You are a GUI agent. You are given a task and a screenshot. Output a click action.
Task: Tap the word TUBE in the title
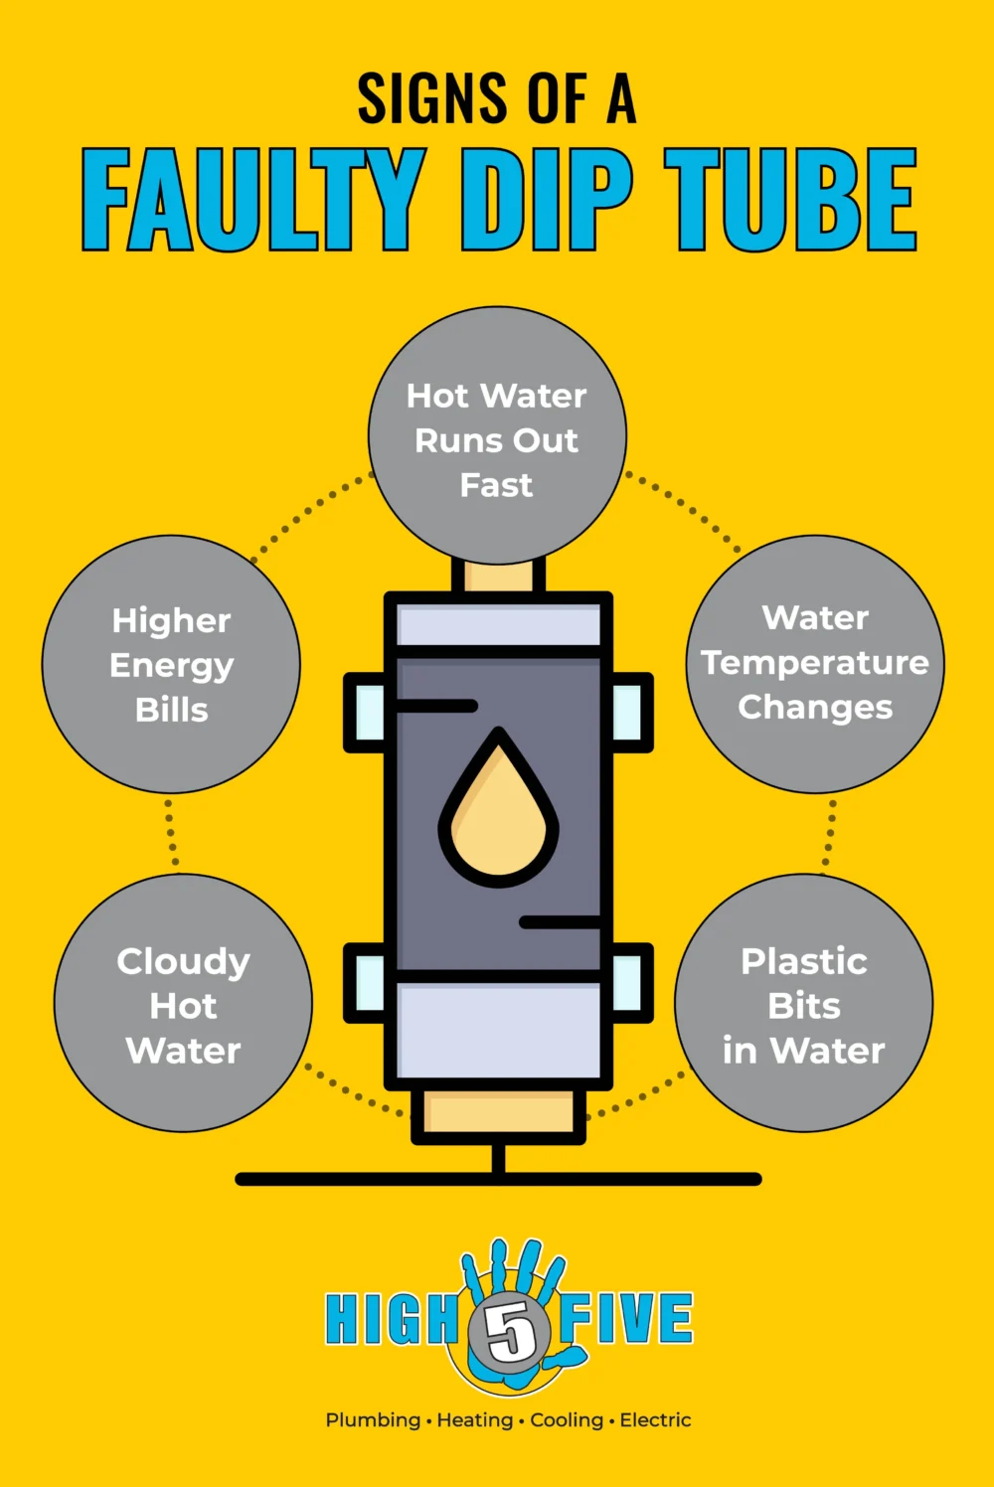pyautogui.click(x=790, y=200)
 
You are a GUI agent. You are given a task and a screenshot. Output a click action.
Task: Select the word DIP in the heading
pyautogui.click(x=545, y=200)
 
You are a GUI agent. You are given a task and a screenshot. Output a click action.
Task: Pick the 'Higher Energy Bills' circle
pyautogui.click(x=171, y=664)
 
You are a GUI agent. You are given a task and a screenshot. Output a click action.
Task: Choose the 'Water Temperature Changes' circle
pyautogui.click(x=815, y=664)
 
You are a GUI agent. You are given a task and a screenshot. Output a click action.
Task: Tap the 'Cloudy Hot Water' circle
pyautogui.click(x=183, y=1004)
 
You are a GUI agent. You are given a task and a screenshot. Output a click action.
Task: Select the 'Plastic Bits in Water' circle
pyautogui.click(x=803, y=1004)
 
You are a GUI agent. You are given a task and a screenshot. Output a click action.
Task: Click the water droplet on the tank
pyautogui.click(x=499, y=810)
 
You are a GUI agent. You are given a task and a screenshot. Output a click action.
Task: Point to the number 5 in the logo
pyautogui.click(x=509, y=1330)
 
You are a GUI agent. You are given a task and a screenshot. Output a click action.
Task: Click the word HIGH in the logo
pyautogui.click(x=390, y=1319)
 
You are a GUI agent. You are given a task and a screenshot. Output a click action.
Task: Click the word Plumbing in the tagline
pyautogui.click(x=373, y=1420)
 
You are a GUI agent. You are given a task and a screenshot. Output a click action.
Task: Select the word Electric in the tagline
pyautogui.click(x=655, y=1420)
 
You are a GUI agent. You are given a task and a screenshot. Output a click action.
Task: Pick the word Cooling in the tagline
pyautogui.click(x=567, y=1420)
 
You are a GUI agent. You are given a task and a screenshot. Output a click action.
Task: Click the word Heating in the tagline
pyautogui.click(x=475, y=1420)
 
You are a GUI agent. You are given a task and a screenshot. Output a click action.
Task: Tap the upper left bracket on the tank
pyautogui.click(x=366, y=713)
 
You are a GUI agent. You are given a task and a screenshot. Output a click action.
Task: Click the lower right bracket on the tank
pyautogui.click(x=630, y=982)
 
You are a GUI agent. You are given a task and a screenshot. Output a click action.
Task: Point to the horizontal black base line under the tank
pyautogui.click(x=498, y=1179)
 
